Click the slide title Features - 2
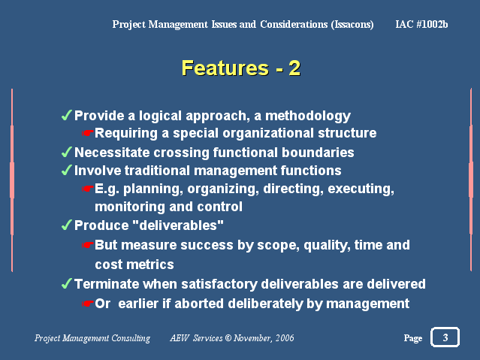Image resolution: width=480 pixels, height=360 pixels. coord(241,68)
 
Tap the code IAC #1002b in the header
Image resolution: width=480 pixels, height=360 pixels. coord(421,24)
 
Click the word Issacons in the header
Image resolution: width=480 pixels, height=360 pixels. coord(352,24)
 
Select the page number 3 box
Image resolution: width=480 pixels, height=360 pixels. coord(445,337)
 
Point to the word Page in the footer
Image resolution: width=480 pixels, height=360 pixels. coord(413,338)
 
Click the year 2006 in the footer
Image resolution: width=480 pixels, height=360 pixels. coord(285,337)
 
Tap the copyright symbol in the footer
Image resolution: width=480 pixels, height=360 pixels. coord(228,338)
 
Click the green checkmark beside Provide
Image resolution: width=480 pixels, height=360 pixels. coord(67,115)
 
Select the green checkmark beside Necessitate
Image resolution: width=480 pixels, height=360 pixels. coord(67,152)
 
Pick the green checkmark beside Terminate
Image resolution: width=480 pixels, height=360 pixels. coord(67,283)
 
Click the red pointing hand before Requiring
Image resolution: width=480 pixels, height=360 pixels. coord(88,133)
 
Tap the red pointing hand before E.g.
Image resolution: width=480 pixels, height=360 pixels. coord(88,189)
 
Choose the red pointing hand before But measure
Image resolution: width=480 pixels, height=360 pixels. coord(88,245)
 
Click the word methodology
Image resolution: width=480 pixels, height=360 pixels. coord(308,116)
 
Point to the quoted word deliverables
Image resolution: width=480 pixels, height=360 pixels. coord(179,225)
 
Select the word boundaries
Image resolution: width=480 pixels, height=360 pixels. coord(318,153)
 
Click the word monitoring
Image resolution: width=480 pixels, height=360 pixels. coord(130,207)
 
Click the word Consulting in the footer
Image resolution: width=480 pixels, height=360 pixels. coord(131,338)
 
